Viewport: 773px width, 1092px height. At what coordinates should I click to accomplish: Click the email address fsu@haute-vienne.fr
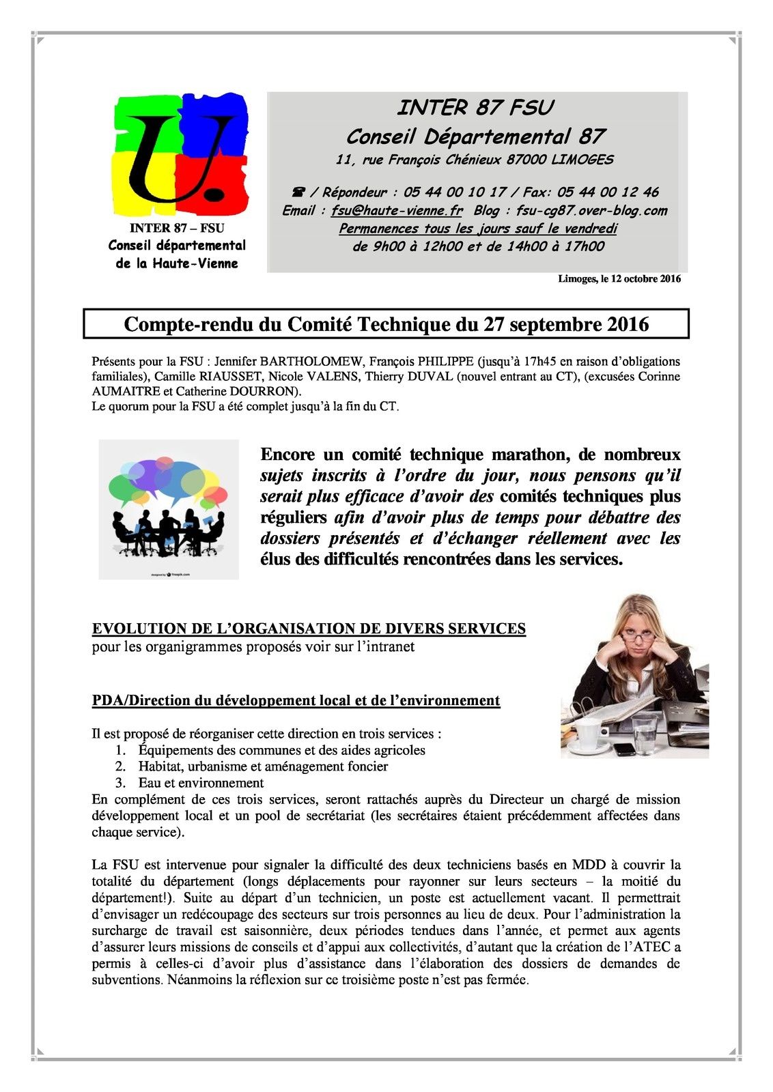click(x=397, y=211)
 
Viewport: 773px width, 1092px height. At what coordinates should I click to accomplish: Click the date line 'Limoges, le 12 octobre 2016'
click(x=619, y=279)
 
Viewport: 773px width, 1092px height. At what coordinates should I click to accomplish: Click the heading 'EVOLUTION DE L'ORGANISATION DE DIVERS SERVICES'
click(x=309, y=629)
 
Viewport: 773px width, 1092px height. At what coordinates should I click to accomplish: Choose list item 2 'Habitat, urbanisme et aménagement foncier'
click(x=263, y=766)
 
